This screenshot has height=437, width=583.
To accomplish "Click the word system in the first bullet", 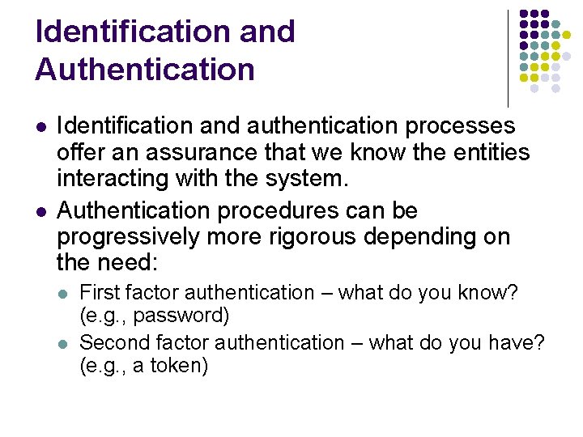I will coord(309,178).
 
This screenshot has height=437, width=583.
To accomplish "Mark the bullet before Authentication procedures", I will coord(40,212).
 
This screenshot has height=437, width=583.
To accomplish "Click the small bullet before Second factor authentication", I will coord(66,343).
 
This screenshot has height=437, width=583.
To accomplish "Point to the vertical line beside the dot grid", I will coord(508,57).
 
